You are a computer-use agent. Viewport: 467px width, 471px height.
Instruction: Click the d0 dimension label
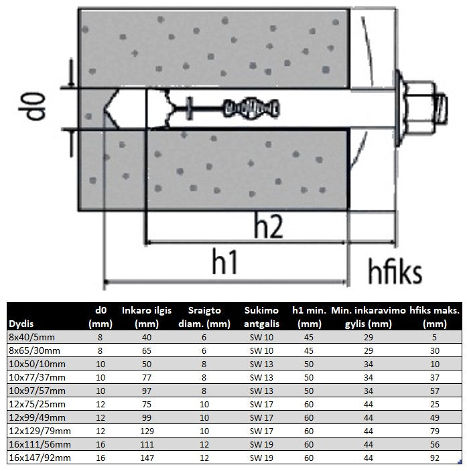tap(32, 107)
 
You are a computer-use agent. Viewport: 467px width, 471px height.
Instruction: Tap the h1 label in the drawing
tap(225, 262)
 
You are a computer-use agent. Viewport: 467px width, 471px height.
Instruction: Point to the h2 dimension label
tap(268, 226)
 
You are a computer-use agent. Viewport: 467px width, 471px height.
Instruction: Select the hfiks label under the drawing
tap(395, 271)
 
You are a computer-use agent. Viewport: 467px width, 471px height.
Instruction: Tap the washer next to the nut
tap(398, 108)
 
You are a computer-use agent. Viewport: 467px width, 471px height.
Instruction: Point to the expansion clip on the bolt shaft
tap(252, 108)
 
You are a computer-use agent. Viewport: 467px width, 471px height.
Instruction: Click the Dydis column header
tap(21, 324)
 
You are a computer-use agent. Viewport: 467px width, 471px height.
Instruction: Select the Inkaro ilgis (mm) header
tap(147, 317)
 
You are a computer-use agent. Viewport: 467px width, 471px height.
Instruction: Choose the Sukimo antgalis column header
tap(261, 317)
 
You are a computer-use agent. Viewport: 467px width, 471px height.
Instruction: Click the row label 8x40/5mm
tap(32, 337)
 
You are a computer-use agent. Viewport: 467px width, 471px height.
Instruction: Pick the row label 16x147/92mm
tap(40, 458)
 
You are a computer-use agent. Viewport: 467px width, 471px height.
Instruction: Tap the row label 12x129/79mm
tap(40, 431)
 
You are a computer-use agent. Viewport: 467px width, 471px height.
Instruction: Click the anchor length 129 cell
tap(147, 431)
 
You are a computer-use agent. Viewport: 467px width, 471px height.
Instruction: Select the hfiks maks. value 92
tap(435, 458)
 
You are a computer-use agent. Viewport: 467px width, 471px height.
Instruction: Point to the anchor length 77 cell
tap(147, 378)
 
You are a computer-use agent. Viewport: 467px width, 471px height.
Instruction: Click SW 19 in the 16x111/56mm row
tap(261, 445)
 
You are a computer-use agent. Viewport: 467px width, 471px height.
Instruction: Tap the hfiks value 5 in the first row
tap(434, 337)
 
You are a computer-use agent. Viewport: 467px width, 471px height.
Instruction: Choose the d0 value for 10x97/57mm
tap(101, 391)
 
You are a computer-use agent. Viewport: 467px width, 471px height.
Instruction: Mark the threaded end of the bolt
tap(442, 108)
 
